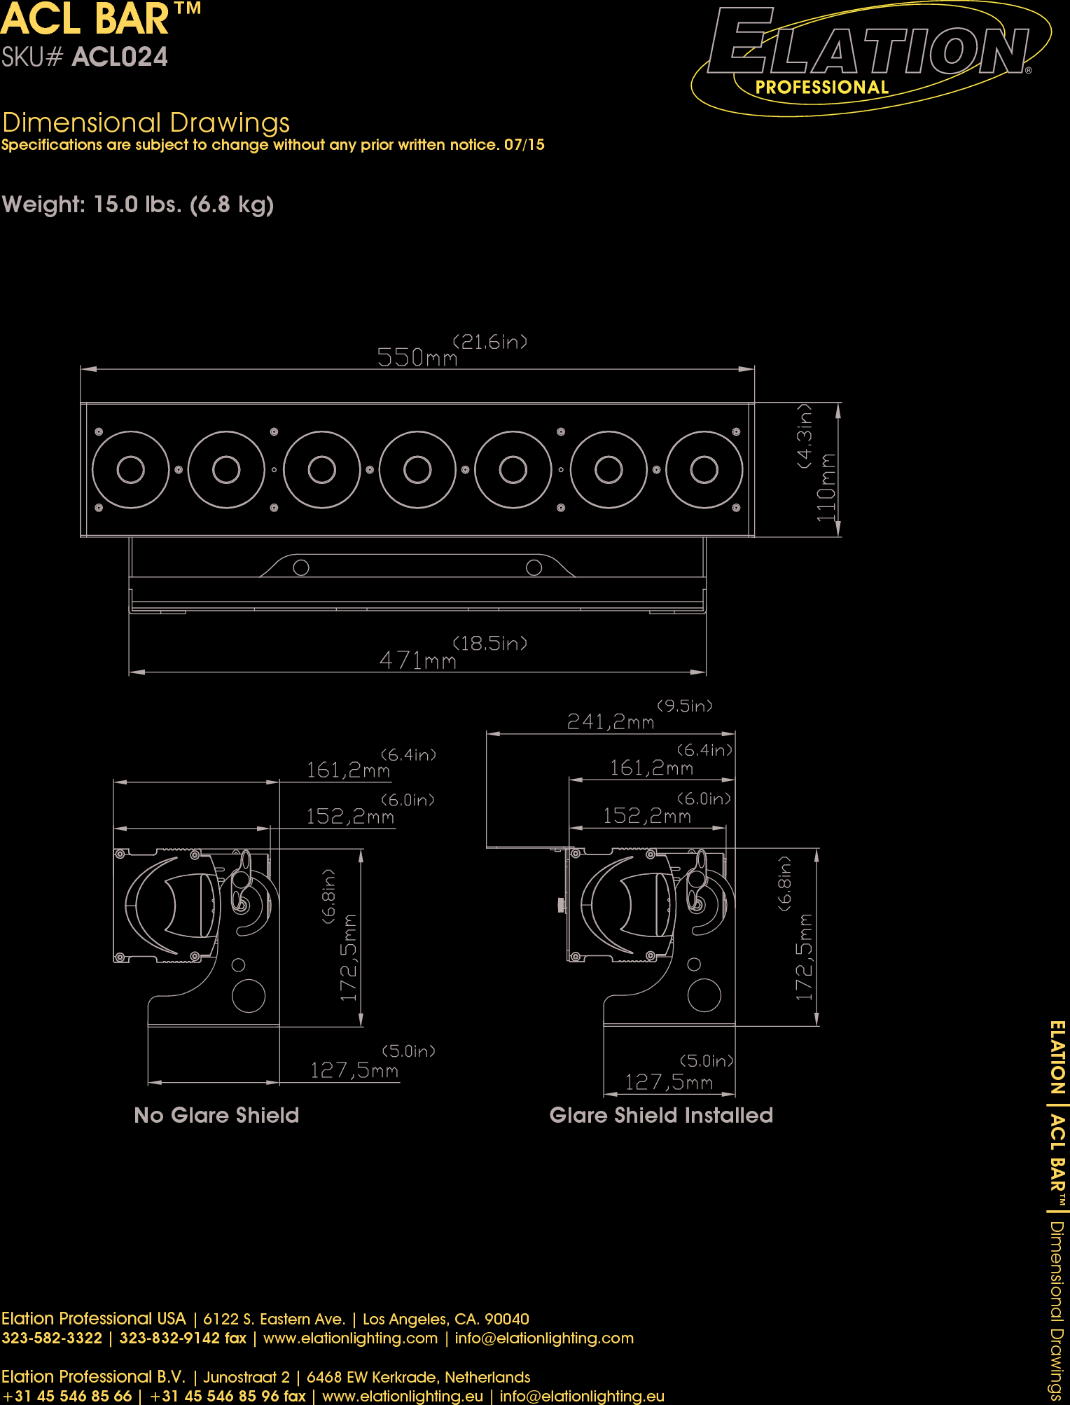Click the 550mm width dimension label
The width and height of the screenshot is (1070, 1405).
pyautogui.click(x=417, y=357)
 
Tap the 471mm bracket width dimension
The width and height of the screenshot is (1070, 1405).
pyautogui.click(x=417, y=660)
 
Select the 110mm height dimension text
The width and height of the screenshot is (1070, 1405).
pyautogui.click(x=827, y=487)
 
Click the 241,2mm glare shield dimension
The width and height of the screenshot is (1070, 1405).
pyautogui.click(x=610, y=721)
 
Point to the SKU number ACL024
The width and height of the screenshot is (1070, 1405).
pyautogui.click(x=120, y=57)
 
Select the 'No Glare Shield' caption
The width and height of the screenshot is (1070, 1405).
pyautogui.click(x=216, y=1115)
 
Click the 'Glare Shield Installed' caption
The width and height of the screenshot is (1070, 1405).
pyautogui.click(x=661, y=1115)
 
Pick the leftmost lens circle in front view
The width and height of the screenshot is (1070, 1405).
pyautogui.click(x=131, y=470)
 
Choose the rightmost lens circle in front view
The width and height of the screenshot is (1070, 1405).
pyautogui.click(x=704, y=470)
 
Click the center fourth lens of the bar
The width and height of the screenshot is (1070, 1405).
pyautogui.click(x=417, y=470)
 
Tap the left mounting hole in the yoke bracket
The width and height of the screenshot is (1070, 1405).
pyautogui.click(x=301, y=567)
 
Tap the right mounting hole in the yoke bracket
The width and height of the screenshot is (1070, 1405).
pyautogui.click(x=534, y=567)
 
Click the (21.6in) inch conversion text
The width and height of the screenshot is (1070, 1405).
pyautogui.click(x=489, y=342)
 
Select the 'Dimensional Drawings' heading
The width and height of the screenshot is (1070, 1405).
pyautogui.click(x=146, y=123)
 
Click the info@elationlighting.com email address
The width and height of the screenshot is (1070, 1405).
pyautogui.click(x=544, y=1338)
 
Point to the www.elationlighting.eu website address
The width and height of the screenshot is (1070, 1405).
pyautogui.click(x=403, y=1396)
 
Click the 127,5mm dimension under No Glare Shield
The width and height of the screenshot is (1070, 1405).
pyautogui.click(x=354, y=1070)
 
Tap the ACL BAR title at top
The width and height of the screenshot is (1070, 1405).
pyautogui.click(x=85, y=19)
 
